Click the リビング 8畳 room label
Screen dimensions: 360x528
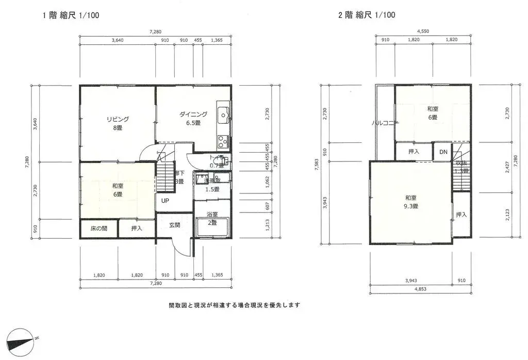[118, 123]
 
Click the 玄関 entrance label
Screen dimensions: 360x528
[175, 225]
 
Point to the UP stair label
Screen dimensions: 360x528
[165, 201]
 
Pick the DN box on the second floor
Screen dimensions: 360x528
[443, 152]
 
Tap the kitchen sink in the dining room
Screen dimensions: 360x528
[224, 113]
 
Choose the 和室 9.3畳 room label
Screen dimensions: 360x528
[411, 202]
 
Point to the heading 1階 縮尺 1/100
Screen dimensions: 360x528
[71, 15]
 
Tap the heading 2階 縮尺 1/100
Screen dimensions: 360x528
[367, 15]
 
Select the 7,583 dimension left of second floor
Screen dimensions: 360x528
[316, 165]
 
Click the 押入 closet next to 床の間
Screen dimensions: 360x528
[137, 228]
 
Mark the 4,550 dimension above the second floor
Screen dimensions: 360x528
[422, 31]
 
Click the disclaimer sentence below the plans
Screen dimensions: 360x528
[234, 305]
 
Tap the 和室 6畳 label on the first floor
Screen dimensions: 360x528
[118, 191]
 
